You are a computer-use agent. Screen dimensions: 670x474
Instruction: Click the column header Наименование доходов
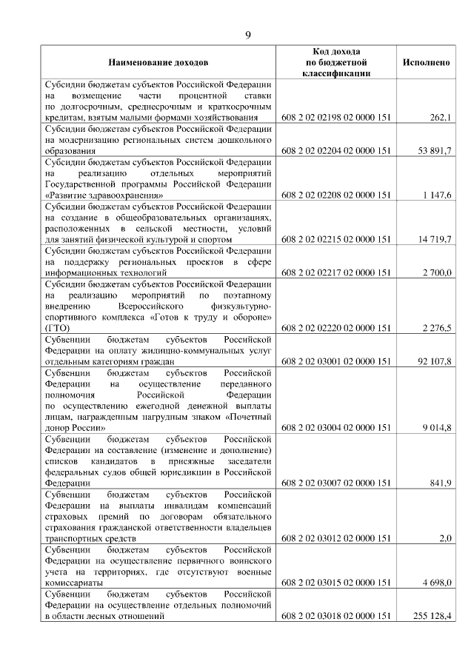tap(158, 63)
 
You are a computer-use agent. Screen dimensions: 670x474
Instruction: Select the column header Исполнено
tap(426, 63)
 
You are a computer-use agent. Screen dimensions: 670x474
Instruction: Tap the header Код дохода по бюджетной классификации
tap(336, 62)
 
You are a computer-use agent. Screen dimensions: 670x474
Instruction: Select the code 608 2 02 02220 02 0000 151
tap(336, 329)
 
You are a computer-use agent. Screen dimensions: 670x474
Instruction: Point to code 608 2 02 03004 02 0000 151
tap(336, 428)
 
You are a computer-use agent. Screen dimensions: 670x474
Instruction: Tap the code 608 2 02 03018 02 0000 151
tap(336, 616)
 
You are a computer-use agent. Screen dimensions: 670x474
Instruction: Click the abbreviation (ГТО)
tap(57, 329)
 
